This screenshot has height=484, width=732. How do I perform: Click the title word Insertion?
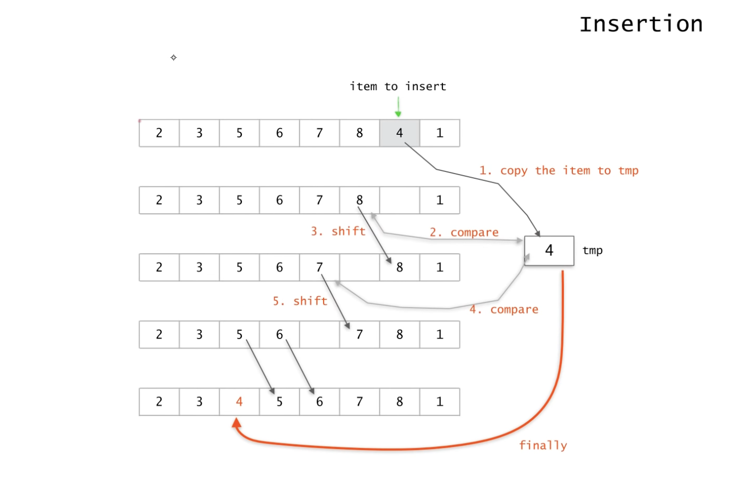(641, 24)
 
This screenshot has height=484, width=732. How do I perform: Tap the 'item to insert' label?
(398, 87)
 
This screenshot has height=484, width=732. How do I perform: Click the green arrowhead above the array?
(398, 114)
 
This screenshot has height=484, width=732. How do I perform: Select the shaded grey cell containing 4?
(399, 133)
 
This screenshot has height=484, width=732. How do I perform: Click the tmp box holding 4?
(549, 250)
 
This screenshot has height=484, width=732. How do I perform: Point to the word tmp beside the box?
(592, 250)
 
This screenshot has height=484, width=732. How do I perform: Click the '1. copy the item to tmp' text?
(559, 171)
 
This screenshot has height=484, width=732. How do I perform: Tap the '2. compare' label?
(464, 232)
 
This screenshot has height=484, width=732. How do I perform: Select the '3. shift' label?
(338, 231)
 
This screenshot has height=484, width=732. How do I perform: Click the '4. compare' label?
(504, 309)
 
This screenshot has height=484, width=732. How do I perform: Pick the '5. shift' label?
(300, 301)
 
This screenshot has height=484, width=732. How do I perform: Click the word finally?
(543, 445)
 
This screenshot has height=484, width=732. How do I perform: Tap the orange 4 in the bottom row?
(239, 402)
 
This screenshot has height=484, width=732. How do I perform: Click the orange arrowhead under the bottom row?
(237, 423)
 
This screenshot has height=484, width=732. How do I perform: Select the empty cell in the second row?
(399, 200)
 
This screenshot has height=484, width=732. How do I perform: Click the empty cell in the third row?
(360, 267)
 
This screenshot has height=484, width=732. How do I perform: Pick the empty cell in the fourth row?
(319, 334)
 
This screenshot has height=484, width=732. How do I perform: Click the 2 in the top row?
(159, 133)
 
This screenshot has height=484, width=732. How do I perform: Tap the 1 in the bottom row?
(440, 402)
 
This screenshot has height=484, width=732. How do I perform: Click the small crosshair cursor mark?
(173, 57)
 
